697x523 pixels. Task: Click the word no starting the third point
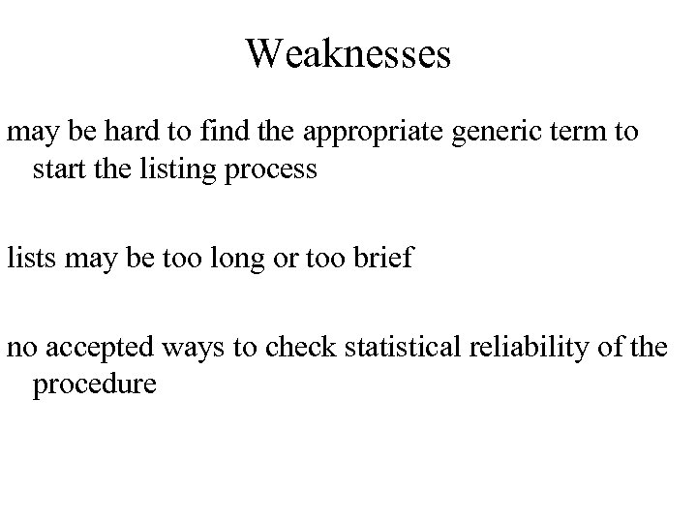(20, 347)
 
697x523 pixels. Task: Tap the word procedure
(93, 385)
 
